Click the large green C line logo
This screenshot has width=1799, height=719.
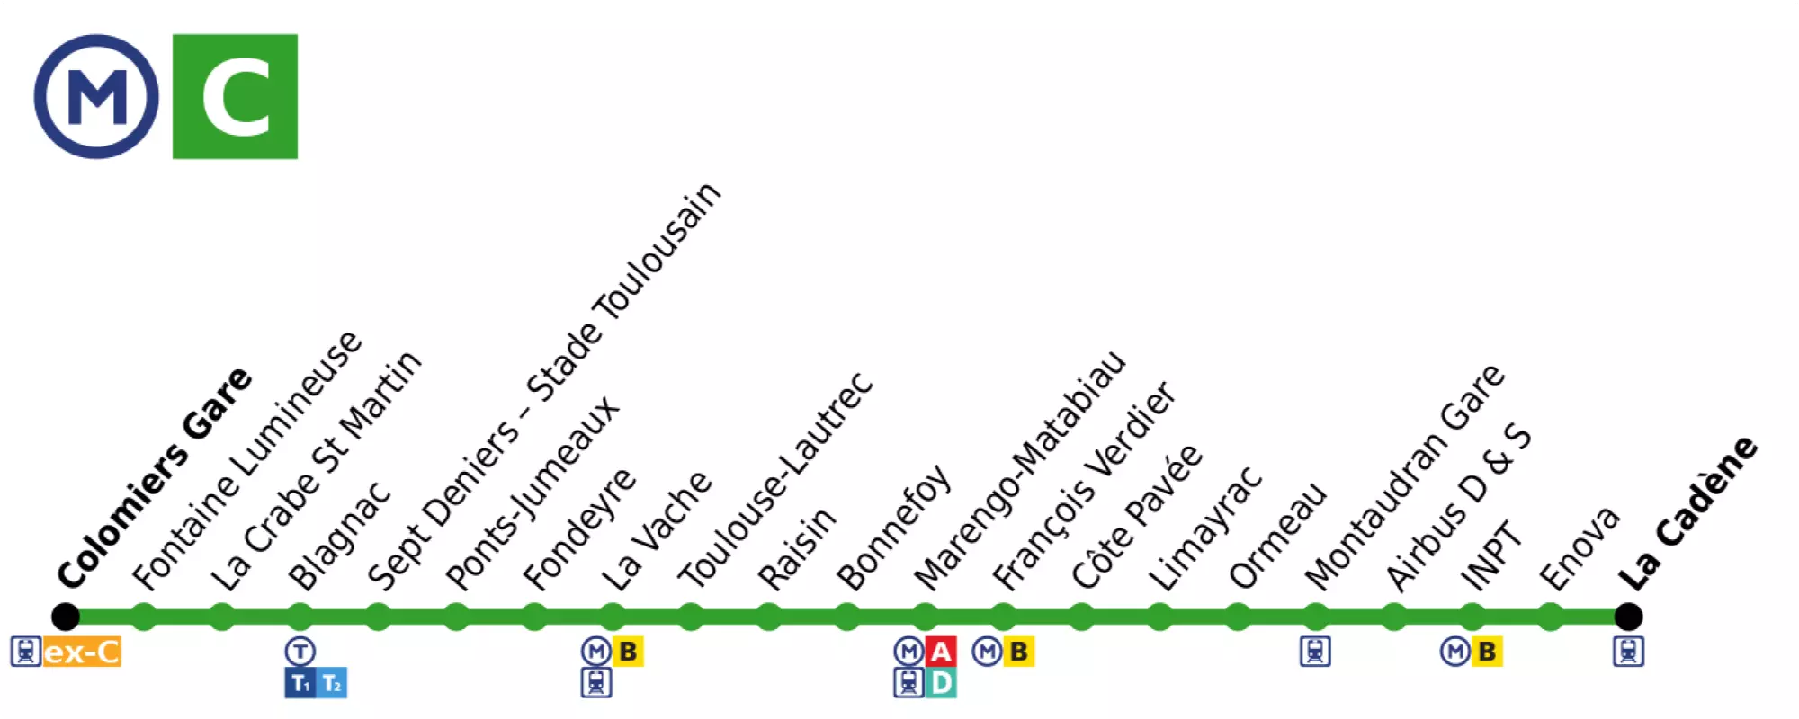235,97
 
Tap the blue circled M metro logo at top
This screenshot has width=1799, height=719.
96,97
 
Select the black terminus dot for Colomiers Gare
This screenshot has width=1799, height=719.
66,617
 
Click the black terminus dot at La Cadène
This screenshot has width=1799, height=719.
1628,617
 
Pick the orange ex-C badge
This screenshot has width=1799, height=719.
82,652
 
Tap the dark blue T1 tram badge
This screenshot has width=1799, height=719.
300,684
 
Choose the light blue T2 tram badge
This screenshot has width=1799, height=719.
332,684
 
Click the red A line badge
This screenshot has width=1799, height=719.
941,652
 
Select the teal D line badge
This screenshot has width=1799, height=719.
941,683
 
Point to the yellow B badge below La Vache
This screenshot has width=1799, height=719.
628,652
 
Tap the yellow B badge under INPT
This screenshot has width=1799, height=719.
1487,652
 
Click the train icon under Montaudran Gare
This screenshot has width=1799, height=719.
1315,652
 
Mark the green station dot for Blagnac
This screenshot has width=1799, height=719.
300,617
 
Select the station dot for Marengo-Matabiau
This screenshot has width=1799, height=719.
925,617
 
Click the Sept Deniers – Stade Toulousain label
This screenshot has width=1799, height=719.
544,386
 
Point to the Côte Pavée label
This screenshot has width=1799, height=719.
1137,517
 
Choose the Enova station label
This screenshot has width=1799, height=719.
1580,548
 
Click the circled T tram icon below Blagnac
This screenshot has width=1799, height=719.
300,652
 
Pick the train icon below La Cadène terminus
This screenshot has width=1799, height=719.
1628,652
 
